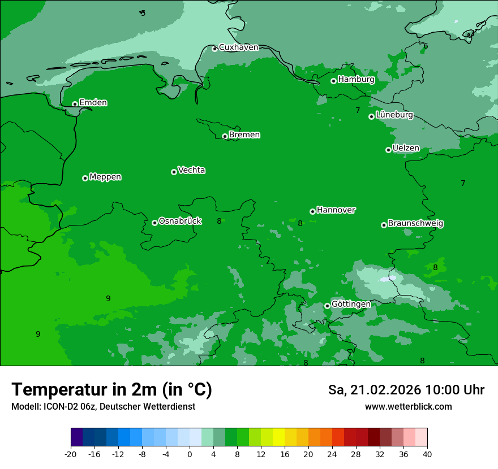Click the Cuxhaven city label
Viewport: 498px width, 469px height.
point(238,47)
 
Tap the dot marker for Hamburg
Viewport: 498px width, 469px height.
point(333,81)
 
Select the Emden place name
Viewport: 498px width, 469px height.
point(93,103)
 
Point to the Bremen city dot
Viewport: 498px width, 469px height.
point(225,136)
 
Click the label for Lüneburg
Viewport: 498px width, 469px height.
point(394,115)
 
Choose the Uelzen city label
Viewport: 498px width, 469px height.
point(406,148)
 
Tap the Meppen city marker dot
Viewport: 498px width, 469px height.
point(85,178)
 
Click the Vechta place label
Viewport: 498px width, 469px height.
point(191,170)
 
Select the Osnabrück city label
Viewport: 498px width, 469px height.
point(180,221)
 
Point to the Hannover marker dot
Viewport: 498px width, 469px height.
point(312,211)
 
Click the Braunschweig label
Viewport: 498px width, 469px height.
point(415,223)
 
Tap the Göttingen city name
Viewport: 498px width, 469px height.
point(351,304)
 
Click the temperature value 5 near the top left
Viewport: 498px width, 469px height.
point(143,13)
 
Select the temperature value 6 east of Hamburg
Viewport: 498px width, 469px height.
point(426,46)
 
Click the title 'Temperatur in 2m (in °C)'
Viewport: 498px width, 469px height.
point(111,389)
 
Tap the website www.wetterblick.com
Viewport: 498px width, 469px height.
point(408,406)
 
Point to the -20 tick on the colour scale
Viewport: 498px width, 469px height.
point(71,454)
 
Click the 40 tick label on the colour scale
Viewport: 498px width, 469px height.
point(427,454)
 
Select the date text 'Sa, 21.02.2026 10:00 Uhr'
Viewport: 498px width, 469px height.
point(406,390)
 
